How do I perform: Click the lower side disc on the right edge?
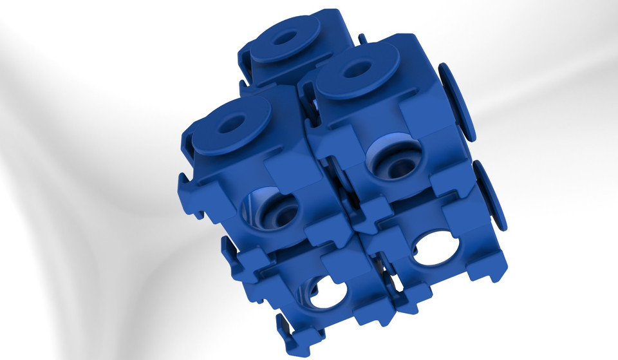click(x=491, y=195)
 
